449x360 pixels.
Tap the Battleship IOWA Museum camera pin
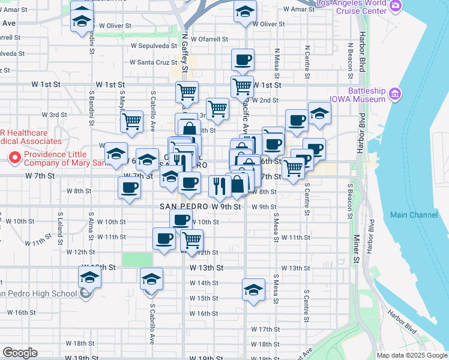[395, 94]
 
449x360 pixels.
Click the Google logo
[20, 353]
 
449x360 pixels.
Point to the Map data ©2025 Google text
[412, 355]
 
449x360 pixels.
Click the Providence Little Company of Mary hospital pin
[15, 158]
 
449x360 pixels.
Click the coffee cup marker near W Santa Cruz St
[243, 60]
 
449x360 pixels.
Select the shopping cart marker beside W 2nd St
[242, 86]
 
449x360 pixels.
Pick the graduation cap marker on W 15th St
[254, 289]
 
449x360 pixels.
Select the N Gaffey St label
[185, 55]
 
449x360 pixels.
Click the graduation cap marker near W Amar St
[245, 12]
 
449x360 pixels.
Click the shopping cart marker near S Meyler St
[131, 121]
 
